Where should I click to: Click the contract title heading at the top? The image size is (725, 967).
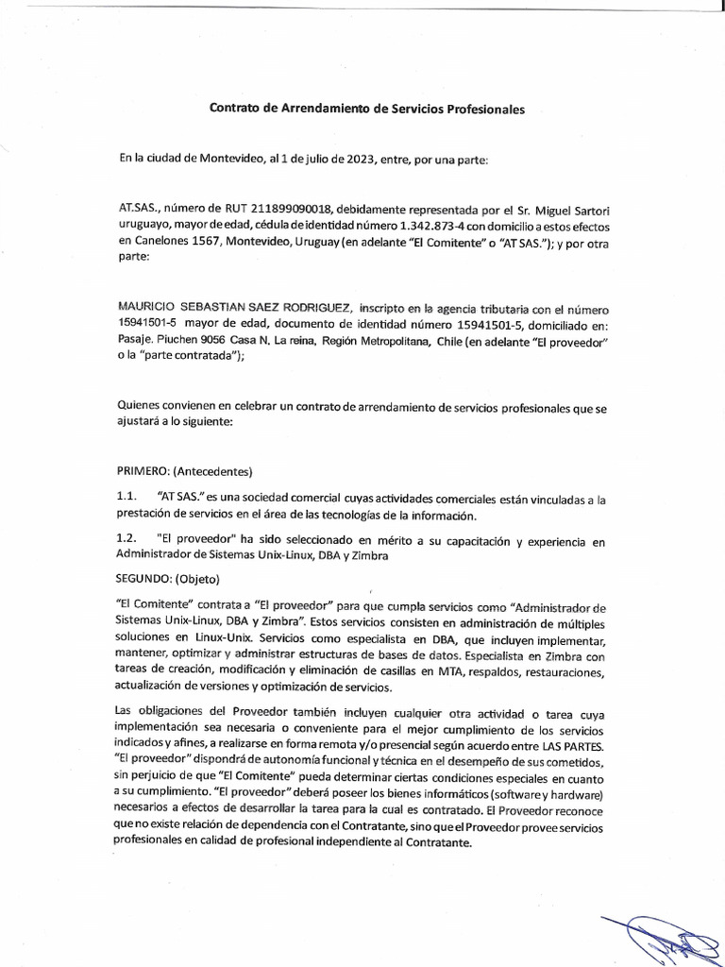point(365,109)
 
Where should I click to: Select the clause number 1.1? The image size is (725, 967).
point(127,497)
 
